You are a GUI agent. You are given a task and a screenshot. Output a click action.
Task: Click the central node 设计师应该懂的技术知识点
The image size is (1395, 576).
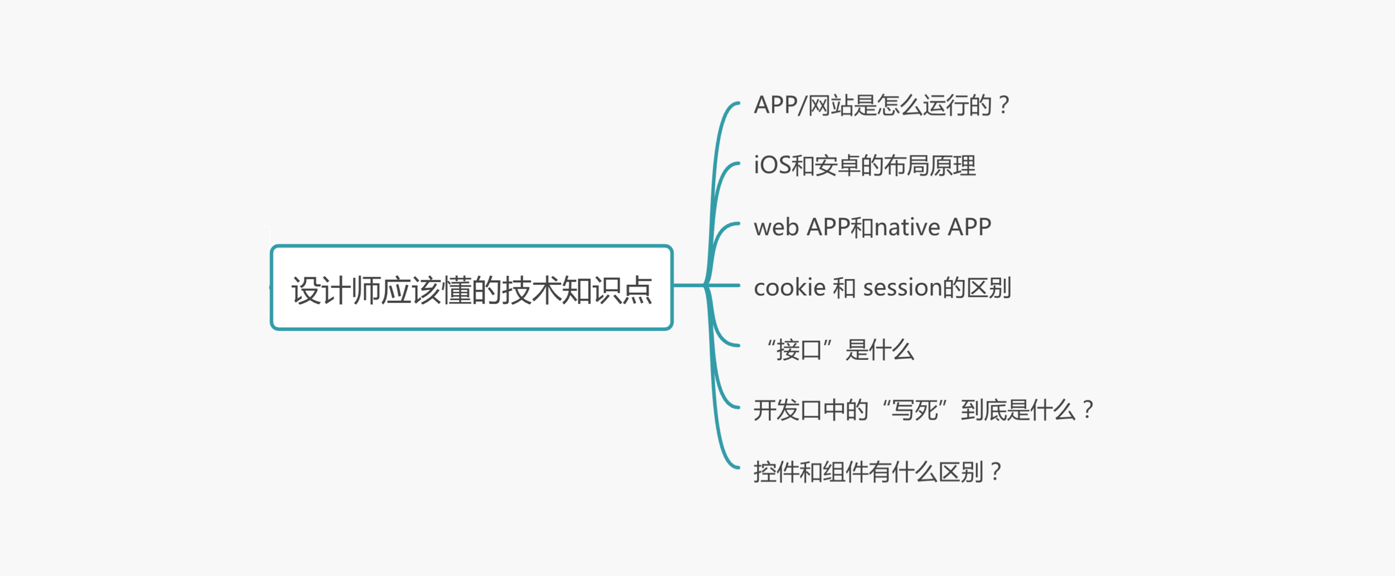click(x=471, y=288)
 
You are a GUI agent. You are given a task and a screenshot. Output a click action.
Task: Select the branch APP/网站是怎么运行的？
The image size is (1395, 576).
click(x=881, y=105)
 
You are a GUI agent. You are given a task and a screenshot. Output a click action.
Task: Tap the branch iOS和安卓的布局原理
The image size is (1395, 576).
click(x=864, y=166)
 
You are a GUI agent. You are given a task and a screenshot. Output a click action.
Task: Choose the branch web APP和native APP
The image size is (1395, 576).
click(x=872, y=227)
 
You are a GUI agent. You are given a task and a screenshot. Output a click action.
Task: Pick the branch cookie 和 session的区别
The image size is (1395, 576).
click(x=882, y=287)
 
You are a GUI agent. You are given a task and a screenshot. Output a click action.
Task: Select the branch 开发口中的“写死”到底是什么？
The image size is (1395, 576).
click(x=923, y=410)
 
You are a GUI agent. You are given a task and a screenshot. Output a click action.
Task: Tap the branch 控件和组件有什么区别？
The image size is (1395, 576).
click(x=877, y=472)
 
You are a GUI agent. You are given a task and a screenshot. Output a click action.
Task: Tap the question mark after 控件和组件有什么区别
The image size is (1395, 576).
click(x=996, y=472)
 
